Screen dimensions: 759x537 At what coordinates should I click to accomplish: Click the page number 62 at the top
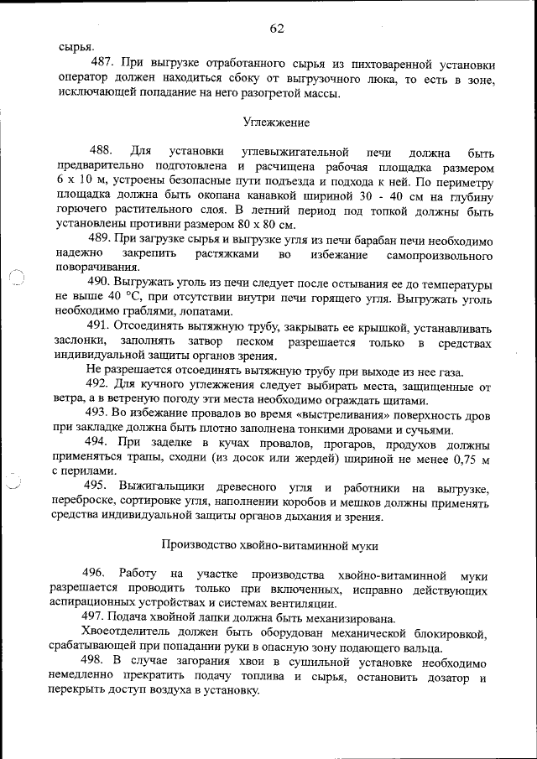(277, 28)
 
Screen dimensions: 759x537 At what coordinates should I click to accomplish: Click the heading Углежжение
(276, 122)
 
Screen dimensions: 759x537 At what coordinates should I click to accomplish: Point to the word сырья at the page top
(76, 47)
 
